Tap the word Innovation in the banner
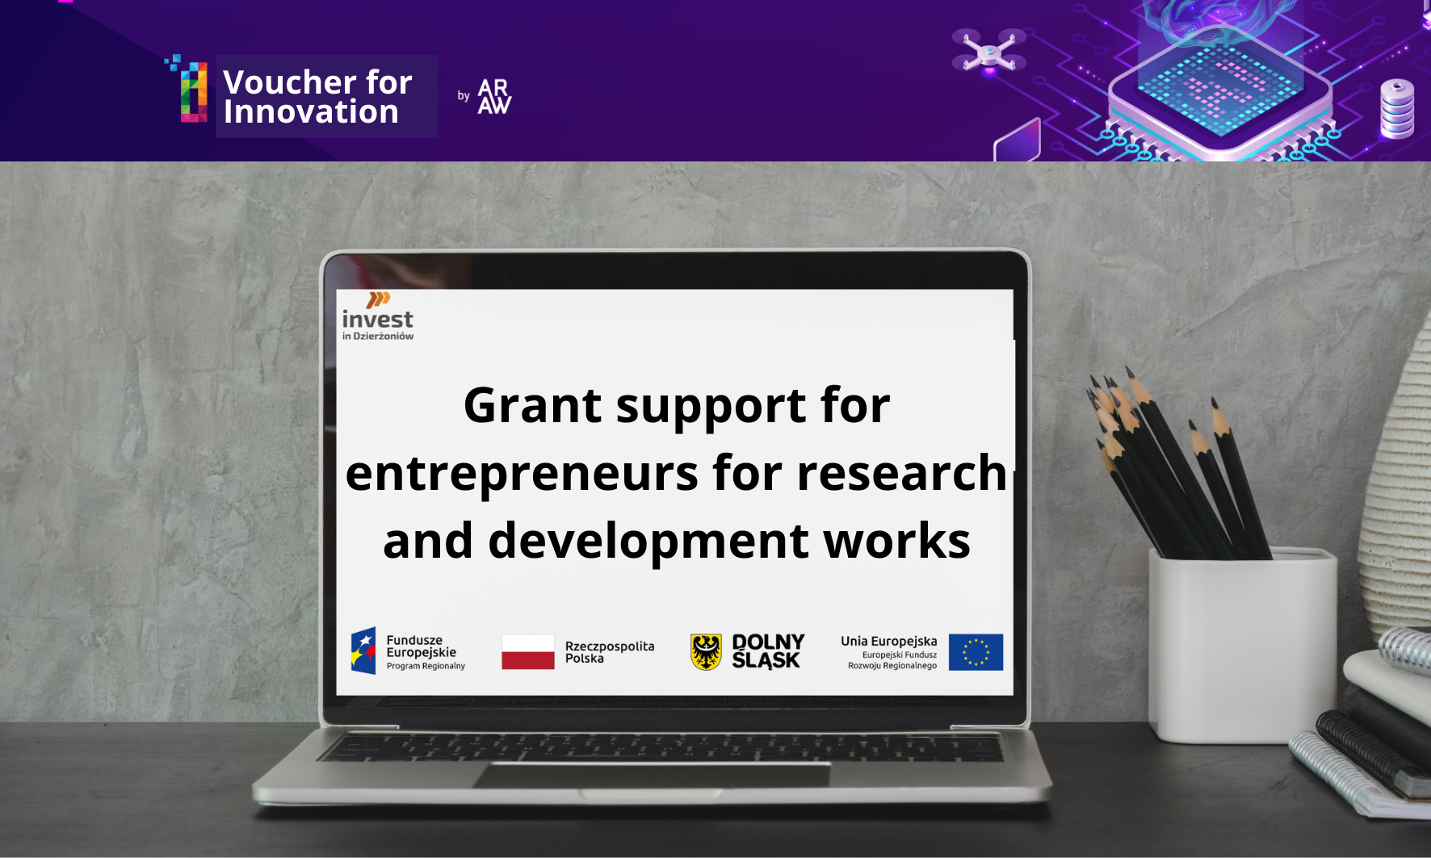pos(311,112)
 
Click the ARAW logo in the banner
pos(494,96)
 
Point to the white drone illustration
pos(988,51)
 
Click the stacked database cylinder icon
pos(1397,109)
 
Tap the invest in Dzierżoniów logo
pos(378,316)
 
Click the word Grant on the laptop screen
pos(533,405)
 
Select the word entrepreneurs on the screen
pos(522,475)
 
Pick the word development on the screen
pos(648,542)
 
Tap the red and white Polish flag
pos(528,651)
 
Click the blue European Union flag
pos(976,652)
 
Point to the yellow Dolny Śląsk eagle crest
pos(706,651)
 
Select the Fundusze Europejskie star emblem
pos(363,651)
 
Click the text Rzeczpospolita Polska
pos(610,652)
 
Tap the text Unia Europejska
pos(888,642)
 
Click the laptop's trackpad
pos(653,774)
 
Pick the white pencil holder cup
pos(1242,645)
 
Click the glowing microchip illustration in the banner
pos(1219,85)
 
